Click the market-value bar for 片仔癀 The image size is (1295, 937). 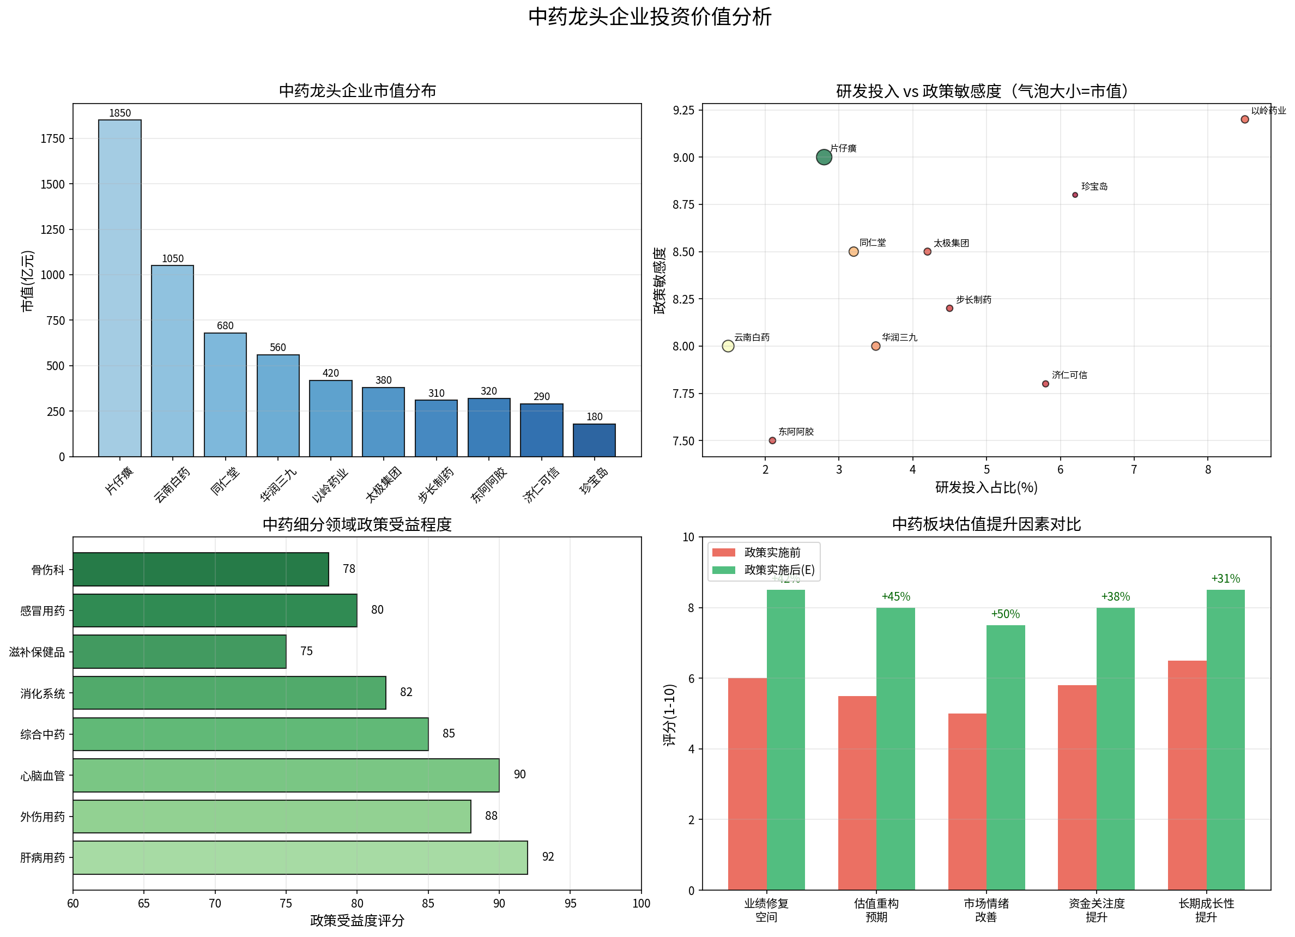pyautogui.click(x=120, y=288)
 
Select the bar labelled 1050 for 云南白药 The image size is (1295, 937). pyautogui.click(x=172, y=361)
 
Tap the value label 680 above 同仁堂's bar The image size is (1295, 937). pyautogui.click(x=225, y=326)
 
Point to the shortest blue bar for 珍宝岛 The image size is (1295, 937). pyautogui.click(x=595, y=440)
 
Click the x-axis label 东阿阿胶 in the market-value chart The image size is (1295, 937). pyautogui.click(x=489, y=485)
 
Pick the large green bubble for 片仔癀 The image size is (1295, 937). pyautogui.click(x=824, y=157)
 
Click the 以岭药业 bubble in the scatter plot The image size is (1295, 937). pyautogui.click(x=1245, y=119)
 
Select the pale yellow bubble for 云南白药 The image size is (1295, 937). pyautogui.click(x=728, y=346)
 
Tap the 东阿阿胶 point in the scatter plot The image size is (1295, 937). pyautogui.click(x=772, y=441)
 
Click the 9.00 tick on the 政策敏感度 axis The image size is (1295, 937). pyautogui.click(x=683, y=158)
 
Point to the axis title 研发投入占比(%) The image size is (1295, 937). pyautogui.click(x=986, y=488)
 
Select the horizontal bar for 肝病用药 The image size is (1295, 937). pyautogui.click(x=300, y=857)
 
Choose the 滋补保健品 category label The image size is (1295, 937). pyautogui.click(x=37, y=652)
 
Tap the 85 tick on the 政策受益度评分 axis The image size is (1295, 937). pyautogui.click(x=428, y=904)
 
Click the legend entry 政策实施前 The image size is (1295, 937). pyautogui.click(x=772, y=553)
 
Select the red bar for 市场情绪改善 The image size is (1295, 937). pyautogui.click(x=967, y=802)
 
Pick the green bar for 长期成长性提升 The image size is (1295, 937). pyautogui.click(x=1225, y=740)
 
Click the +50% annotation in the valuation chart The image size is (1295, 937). pyautogui.click(x=1005, y=614)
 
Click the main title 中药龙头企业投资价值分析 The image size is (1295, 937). pyautogui.click(x=649, y=17)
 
